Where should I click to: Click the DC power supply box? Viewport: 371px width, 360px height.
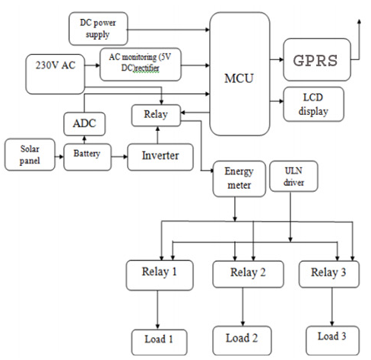tap(98, 29)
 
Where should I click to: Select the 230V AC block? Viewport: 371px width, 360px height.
tap(55, 74)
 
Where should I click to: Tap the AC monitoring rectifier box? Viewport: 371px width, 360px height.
tap(141, 65)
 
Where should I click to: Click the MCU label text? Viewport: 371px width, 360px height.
tap(239, 78)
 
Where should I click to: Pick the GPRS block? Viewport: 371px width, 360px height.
tap(317, 60)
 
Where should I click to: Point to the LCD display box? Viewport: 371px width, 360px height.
tap(313, 104)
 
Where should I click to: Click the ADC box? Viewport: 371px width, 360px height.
tap(84, 124)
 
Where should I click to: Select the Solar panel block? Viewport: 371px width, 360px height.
tap(30, 155)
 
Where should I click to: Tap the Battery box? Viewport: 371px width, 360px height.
tap(87, 157)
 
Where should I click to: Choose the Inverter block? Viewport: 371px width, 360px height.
tap(160, 157)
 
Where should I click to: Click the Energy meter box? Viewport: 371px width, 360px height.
tap(239, 179)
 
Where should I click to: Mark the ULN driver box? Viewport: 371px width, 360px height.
tap(293, 176)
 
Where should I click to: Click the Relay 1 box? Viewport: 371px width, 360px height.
tap(160, 276)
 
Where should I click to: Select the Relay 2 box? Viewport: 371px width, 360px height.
tap(248, 274)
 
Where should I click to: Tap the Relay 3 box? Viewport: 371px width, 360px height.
tap(329, 274)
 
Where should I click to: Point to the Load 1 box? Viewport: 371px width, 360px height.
tap(160, 342)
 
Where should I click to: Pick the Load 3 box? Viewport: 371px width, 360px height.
tap(333, 340)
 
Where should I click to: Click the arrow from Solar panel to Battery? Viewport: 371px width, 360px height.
tap(59, 157)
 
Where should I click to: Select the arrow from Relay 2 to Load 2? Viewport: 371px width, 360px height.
tap(243, 307)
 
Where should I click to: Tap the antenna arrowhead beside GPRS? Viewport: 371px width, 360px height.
tap(359, 21)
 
